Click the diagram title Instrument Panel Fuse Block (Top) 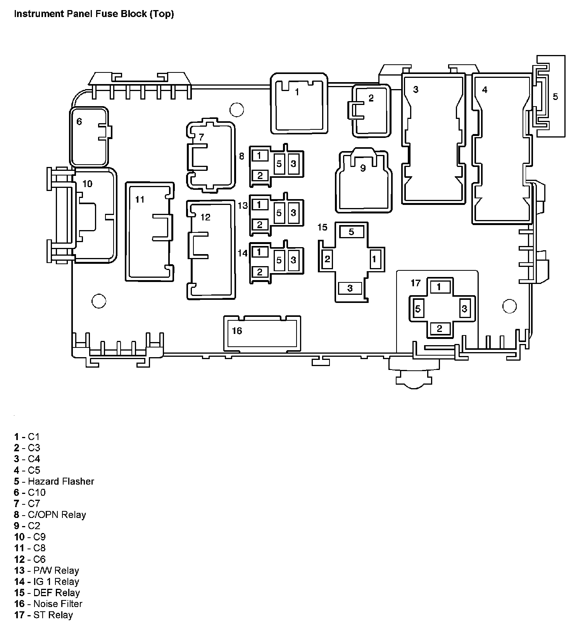94,14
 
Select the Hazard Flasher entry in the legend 54,481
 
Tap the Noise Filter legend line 48,604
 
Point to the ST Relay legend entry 44,615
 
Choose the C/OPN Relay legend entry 50,514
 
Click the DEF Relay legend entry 47,593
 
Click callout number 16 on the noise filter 237,330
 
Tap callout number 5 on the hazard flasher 555,96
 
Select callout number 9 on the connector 363,168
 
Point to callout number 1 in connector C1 297,92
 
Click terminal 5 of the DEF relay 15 352,232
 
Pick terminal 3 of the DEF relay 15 350,288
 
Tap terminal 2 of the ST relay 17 439,329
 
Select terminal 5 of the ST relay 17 418,309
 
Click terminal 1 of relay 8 260,156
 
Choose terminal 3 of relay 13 293,213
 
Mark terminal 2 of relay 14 260,272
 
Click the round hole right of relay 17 509,306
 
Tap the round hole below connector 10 99,301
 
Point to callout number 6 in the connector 79,122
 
